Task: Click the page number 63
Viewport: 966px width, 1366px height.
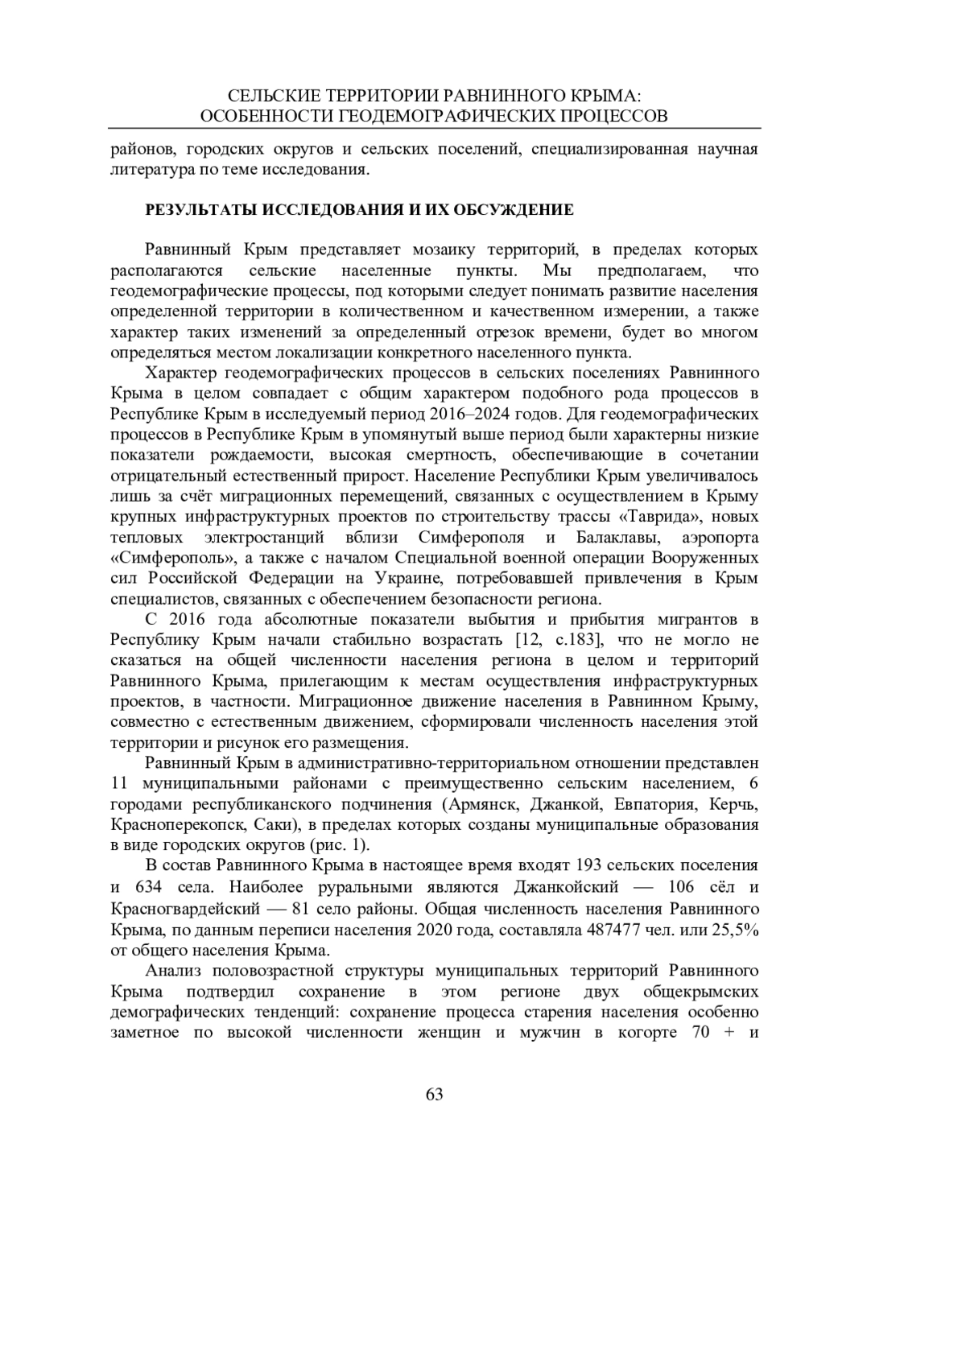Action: tap(434, 1094)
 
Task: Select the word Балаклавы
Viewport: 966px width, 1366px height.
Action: tap(610, 537)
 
